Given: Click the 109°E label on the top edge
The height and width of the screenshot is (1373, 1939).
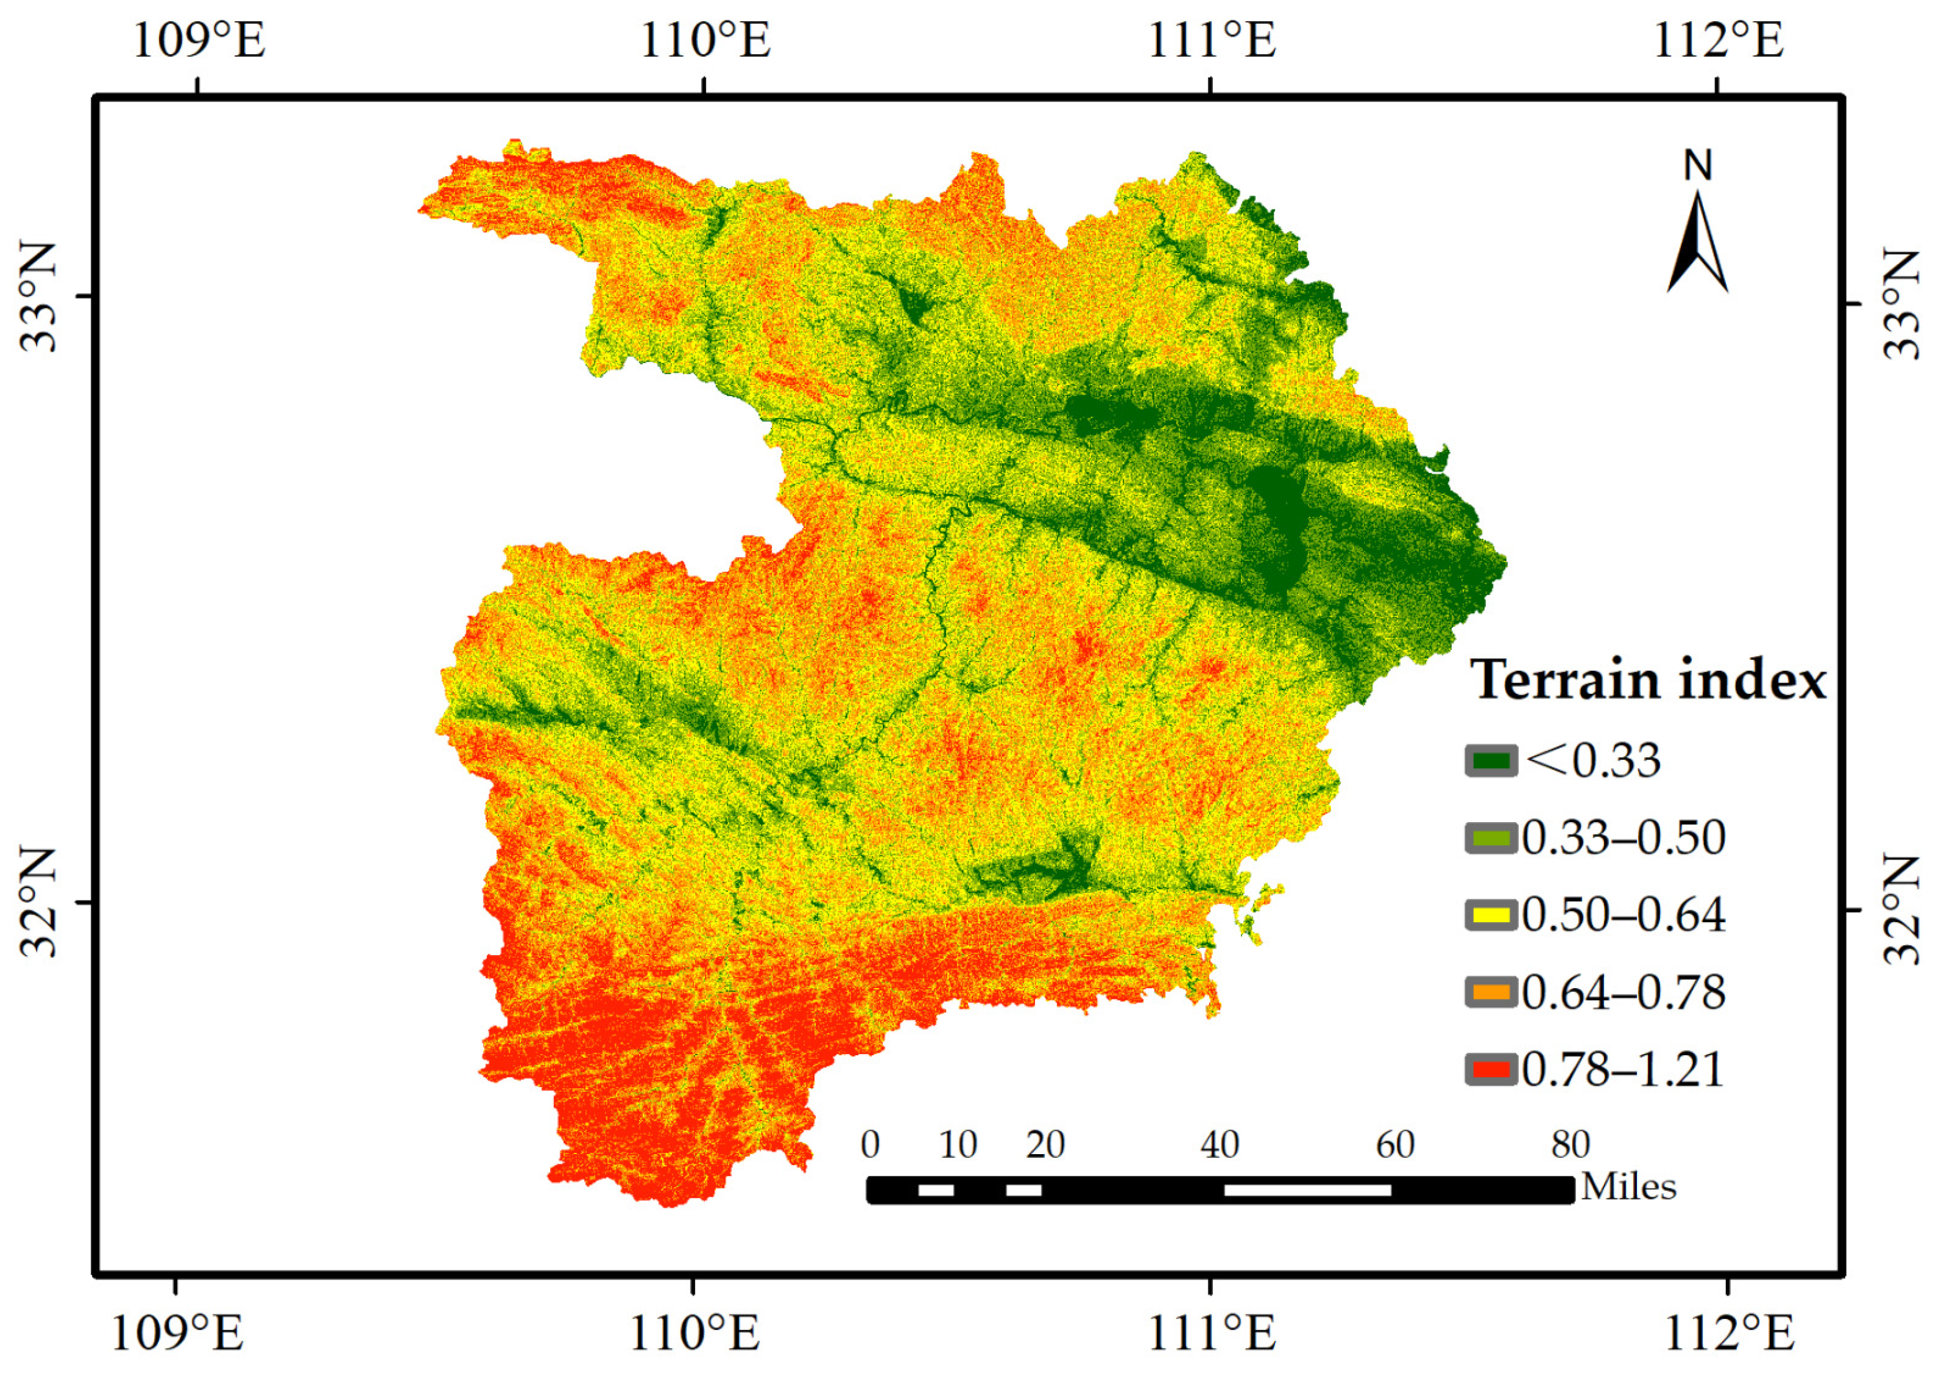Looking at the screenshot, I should pyautogui.click(x=199, y=40).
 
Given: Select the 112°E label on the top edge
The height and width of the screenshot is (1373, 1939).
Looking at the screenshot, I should pyautogui.click(x=1718, y=40).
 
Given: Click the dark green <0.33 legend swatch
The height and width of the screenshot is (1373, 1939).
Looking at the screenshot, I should pyautogui.click(x=1491, y=760).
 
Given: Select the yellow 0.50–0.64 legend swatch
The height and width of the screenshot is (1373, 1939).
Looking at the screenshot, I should pyautogui.click(x=1491, y=915).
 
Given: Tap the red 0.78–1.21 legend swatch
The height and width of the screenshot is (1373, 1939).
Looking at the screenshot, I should pyautogui.click(x=1491, y=1070).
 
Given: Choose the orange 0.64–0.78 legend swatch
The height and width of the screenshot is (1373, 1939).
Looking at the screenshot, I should pyautogui.click(x=1491, y=992).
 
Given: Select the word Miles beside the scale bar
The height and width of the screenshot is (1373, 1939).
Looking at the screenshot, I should pyautogui.click(x=1629, y=1187).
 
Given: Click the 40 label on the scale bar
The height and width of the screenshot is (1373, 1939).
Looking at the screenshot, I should pyautogui.click(x=1220, y=1145).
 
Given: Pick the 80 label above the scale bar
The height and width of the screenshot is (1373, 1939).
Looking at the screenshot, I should pyautogui.click(x=1570, y=1145).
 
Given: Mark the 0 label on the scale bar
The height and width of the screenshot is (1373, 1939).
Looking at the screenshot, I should pyautogui.click(x=870, y=1145).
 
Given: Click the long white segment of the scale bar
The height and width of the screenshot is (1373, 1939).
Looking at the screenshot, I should pyautogui.click(x=1307, y=1190).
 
